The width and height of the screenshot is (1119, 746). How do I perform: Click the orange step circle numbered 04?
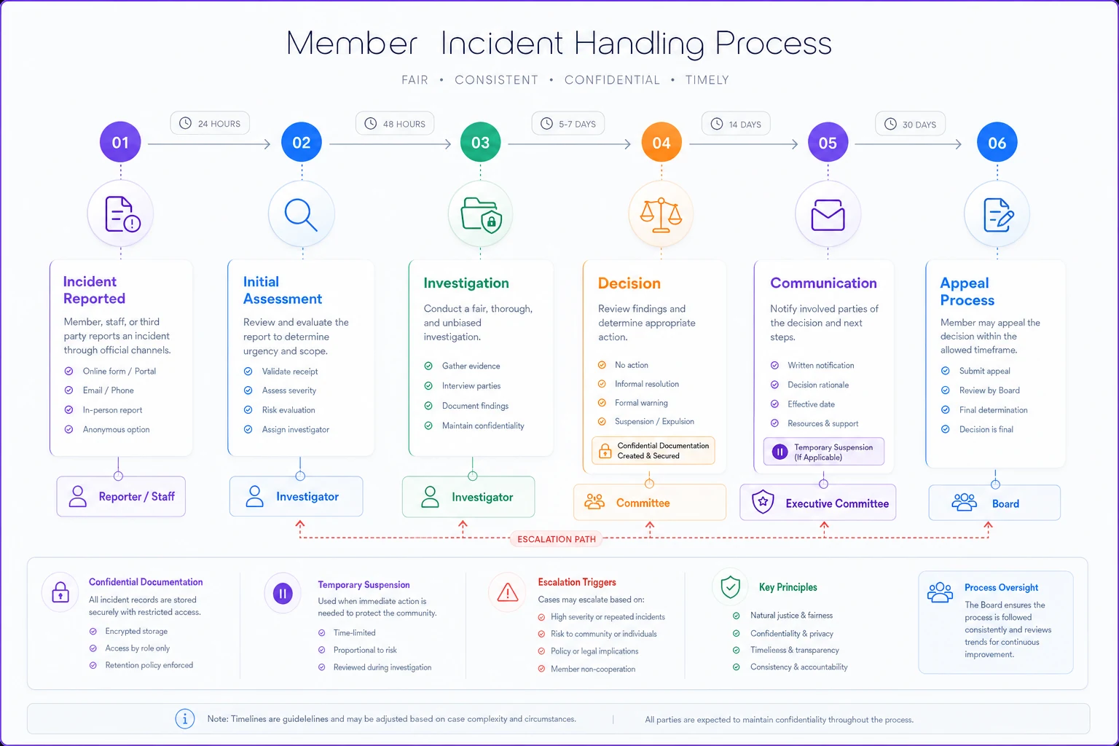point(661,142)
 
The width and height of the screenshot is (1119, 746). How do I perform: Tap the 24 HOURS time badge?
point(210,123)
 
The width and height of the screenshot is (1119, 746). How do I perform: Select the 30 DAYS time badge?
point(910,124)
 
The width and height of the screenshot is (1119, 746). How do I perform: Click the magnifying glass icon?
point(301,215)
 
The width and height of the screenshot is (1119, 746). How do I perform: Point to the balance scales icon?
point(661,215)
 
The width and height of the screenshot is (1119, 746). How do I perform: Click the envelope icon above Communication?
point(828,216)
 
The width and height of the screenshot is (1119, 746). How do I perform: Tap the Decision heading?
point(629,283)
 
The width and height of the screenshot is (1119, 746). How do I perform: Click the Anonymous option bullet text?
point(116,429)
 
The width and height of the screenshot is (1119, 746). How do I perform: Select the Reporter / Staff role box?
point(121,496)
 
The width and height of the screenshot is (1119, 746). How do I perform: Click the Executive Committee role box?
point(818,503)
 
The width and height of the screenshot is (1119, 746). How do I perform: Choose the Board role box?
point(994,503)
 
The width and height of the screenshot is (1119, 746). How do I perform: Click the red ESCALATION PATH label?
point(557,539)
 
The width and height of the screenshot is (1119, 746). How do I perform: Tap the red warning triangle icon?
point(508,592)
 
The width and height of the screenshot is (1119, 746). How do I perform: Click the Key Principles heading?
point(788,587)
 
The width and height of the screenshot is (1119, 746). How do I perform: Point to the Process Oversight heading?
point(1001,588)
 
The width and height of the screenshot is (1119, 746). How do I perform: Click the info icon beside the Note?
point(185,719)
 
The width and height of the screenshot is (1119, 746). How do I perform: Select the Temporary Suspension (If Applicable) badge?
point(824,452)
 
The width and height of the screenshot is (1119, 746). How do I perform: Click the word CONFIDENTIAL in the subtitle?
point(612,80)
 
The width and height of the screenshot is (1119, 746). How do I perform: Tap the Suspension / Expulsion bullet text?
point(654,421)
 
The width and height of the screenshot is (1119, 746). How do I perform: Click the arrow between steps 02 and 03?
point(390,144)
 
